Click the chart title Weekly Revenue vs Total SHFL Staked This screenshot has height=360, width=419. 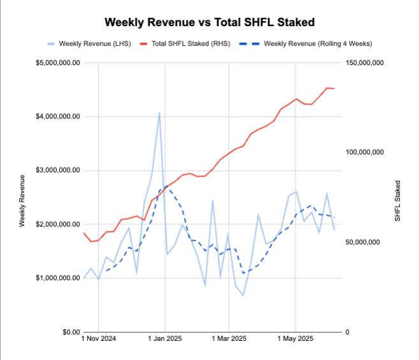click(x=209, y=22)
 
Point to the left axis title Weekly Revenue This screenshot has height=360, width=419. click(x=22, y=200)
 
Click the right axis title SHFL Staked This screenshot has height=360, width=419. click(x=398, y=200)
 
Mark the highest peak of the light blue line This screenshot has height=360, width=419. click(x=159, y=113)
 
